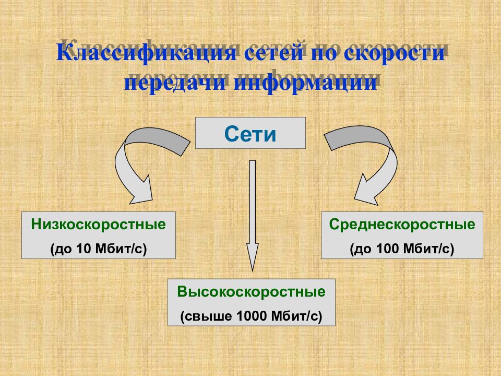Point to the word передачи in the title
tap(175, 83)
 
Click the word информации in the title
tap(305, 83)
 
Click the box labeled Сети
tap(250, 133)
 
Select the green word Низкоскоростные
tap(99, 225)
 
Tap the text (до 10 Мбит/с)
tap(99, 249)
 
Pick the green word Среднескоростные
tap(402, 225)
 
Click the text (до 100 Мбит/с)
tap(402, 249)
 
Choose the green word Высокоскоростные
tap(251, 291)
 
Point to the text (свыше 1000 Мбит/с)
tap(251, 316)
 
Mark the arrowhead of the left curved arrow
tap(140, 191)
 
